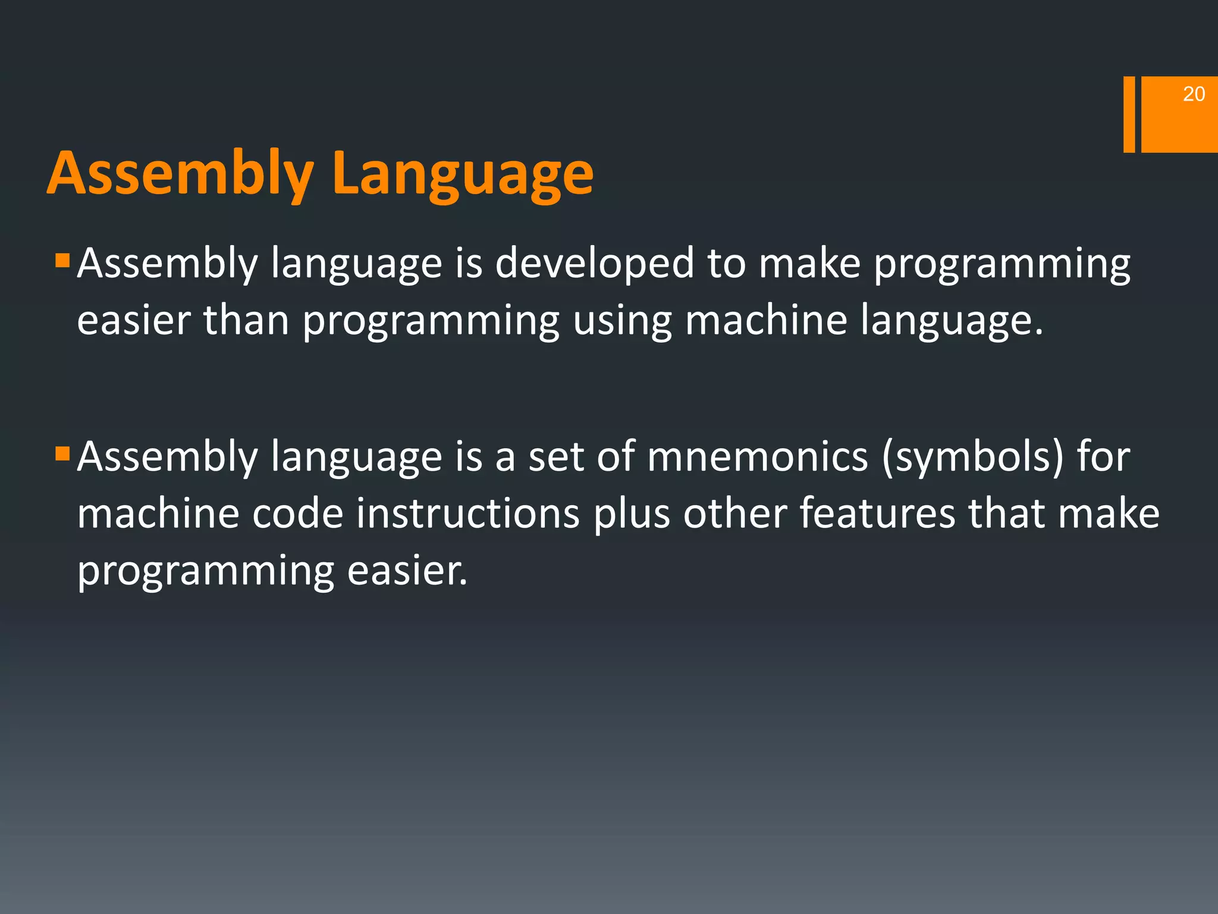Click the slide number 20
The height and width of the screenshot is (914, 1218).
click(x=1193, y=94)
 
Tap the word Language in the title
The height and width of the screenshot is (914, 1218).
click(x=463, y=174)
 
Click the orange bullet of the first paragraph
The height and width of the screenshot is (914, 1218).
click(x=62, y=260)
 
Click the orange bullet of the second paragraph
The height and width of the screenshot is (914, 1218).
click(x=62, y=455)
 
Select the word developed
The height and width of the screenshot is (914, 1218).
click(x=594, y=264)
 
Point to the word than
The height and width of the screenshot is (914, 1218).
click(x=246, y=320)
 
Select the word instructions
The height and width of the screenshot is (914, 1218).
click(x=467, y=513)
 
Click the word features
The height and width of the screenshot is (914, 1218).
click(x=877, y=513)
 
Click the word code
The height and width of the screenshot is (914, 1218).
click(x=297, y=513)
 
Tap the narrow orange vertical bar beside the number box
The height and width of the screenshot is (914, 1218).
click(x=1129, y=114)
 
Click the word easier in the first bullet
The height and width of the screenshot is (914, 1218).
click(x=133, y=320)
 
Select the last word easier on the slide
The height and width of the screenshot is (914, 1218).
click(x=407, y=570)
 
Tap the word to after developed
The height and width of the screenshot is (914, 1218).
click(x=726, y=264)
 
